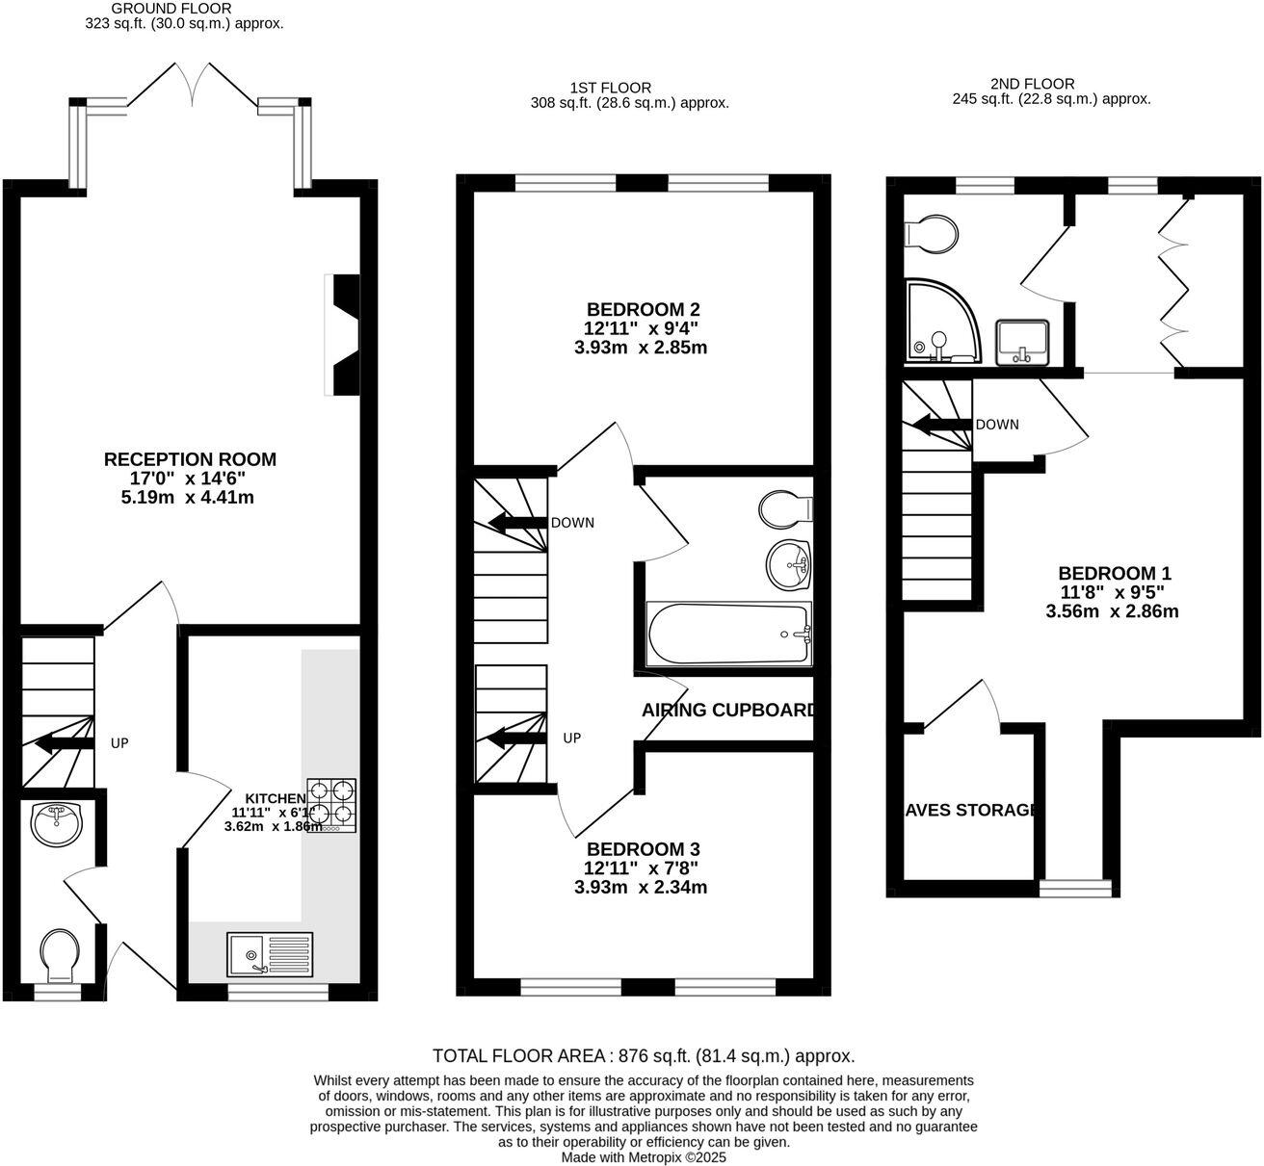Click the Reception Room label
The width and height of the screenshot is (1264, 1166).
[190, 459]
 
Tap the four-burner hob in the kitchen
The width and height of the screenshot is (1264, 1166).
[331, 805]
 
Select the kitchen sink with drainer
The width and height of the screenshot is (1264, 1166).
[270, 954]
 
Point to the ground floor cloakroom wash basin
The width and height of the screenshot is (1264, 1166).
[58, 821]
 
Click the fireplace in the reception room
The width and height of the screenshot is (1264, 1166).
[343, 334]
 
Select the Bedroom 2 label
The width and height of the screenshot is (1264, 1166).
[643, 309]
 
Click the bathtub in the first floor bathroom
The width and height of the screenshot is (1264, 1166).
[729, 634]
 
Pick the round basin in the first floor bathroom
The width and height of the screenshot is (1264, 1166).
[790, 562]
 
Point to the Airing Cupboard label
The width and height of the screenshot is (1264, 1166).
[728, 711]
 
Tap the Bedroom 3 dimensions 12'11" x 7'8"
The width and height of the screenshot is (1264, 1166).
[641, 868]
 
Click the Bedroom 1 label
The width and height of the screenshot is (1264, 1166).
[1114, 573]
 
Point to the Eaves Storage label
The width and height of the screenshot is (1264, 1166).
[970, 810]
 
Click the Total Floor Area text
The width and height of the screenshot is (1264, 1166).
[644, 1055]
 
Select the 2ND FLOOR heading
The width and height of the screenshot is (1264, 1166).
[1032, 84]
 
